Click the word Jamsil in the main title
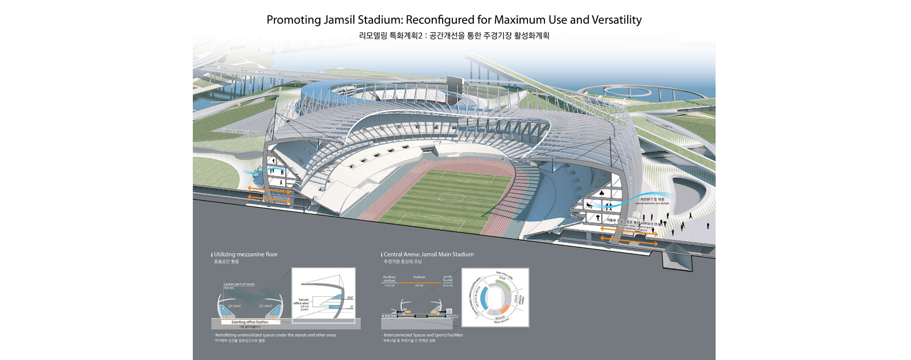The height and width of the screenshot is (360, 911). [337, 20]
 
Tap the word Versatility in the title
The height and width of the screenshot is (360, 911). [616, 20]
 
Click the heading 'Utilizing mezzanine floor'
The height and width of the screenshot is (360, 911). [245, 254]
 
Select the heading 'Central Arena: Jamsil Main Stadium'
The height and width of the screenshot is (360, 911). [428, 254]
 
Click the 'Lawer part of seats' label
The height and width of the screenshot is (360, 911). [239, 284]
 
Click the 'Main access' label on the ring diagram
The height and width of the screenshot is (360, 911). [501, 321]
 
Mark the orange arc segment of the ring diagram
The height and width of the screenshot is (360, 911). [505, 310]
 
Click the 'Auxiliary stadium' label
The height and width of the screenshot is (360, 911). [389, 278]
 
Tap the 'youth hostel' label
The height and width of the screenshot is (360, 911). [447, 278]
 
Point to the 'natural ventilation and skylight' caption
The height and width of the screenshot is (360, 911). [651, 204]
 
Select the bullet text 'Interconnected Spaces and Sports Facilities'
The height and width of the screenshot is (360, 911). [423, 335]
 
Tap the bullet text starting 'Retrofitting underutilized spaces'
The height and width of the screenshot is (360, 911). [276, 335]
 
